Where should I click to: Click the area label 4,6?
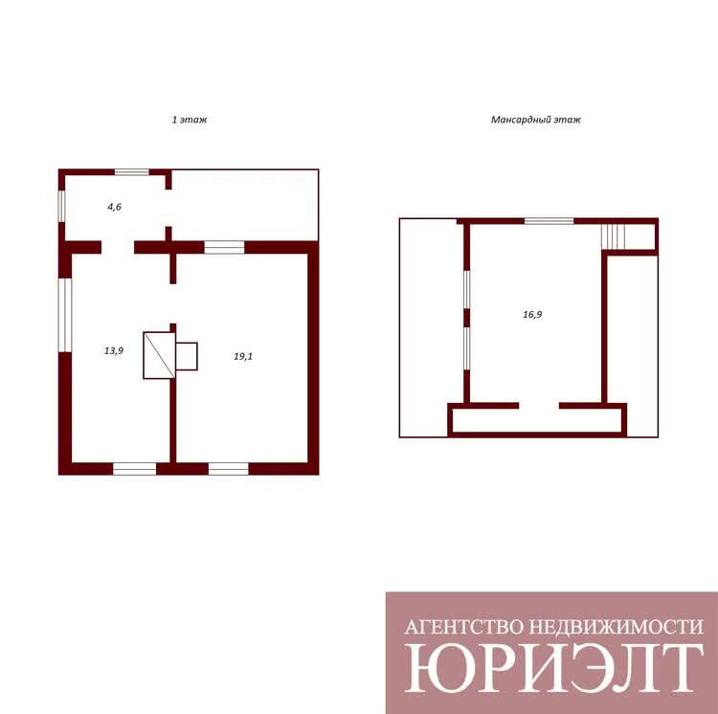(x=114, y=207)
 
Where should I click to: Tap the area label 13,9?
(x=114, y=351)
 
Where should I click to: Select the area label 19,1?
(x=243, y=357)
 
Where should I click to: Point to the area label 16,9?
(x=532, y=315)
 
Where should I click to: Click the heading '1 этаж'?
(x=190, y=120)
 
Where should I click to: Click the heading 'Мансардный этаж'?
(x=536, y=120)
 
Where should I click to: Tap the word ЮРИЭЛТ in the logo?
(x=554, y=669)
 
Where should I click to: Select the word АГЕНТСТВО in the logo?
(x=464, y=627)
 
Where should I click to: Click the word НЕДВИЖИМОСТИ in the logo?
(x=617, y=627)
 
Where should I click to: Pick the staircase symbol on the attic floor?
(x=613, y=236)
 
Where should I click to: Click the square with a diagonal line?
(x=159, y=356)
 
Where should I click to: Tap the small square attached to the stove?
(x=187, y=356)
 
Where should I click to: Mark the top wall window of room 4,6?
(x=132, y=172)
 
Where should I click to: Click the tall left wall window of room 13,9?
(x=65, y=315)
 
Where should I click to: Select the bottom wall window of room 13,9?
(x=135, y=469)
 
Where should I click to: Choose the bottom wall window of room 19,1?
(x=229, y=469)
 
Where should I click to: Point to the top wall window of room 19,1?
(x=224, y=248)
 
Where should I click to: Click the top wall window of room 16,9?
(x=550, y=221)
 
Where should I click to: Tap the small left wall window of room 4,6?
(x=62, y=206)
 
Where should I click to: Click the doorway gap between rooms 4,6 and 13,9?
(x=118, y=248)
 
